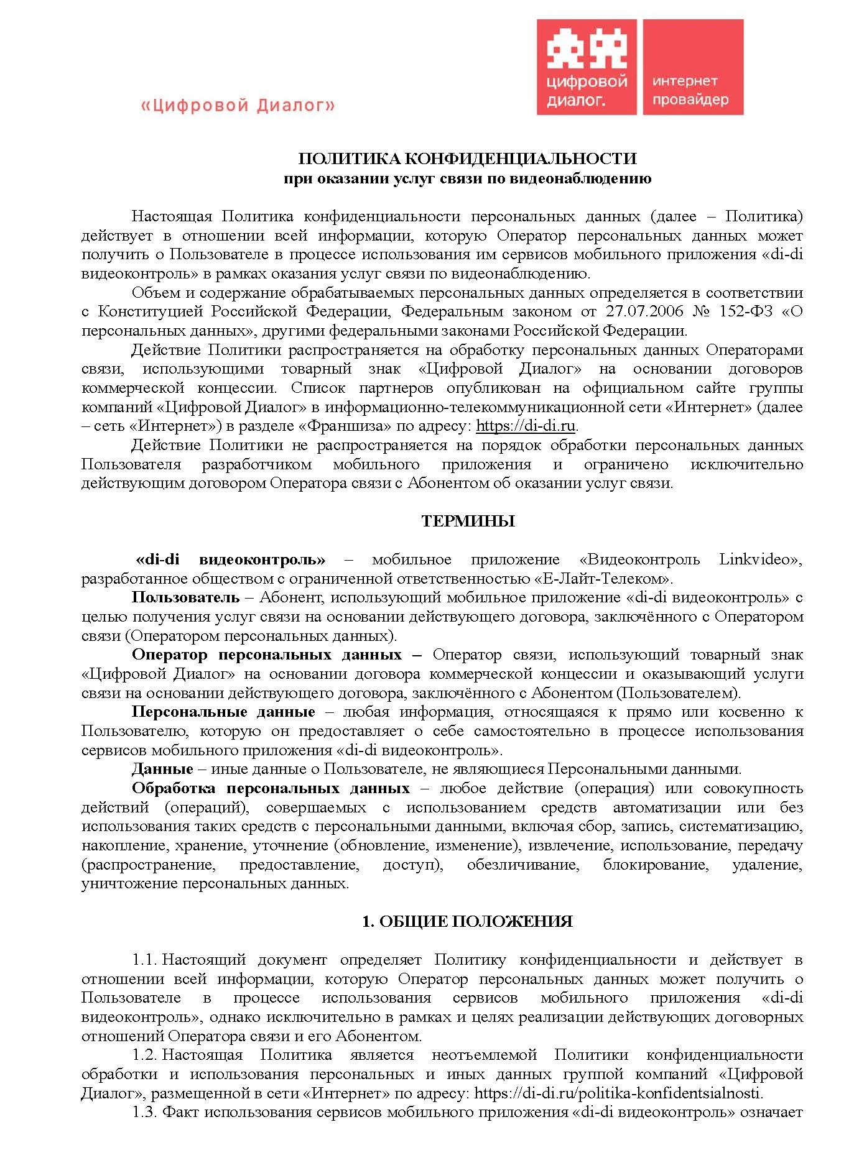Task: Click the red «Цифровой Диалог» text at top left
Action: point(238,106)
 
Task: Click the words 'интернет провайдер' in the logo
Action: point(690,90)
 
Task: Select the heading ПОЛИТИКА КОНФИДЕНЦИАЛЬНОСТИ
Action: point(467,159)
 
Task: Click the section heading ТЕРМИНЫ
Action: point(468,521)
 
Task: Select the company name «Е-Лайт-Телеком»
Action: point(603,579)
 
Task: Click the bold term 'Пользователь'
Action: point(185,597)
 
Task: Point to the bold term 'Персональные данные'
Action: point(223,712)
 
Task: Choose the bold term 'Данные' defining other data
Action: point(162,769)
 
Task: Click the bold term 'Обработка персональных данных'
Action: point(271,788)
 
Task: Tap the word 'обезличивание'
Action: point(523,865)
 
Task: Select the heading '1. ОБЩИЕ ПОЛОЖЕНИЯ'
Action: point(467,921)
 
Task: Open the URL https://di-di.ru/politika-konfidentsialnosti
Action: point(618,1093)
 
